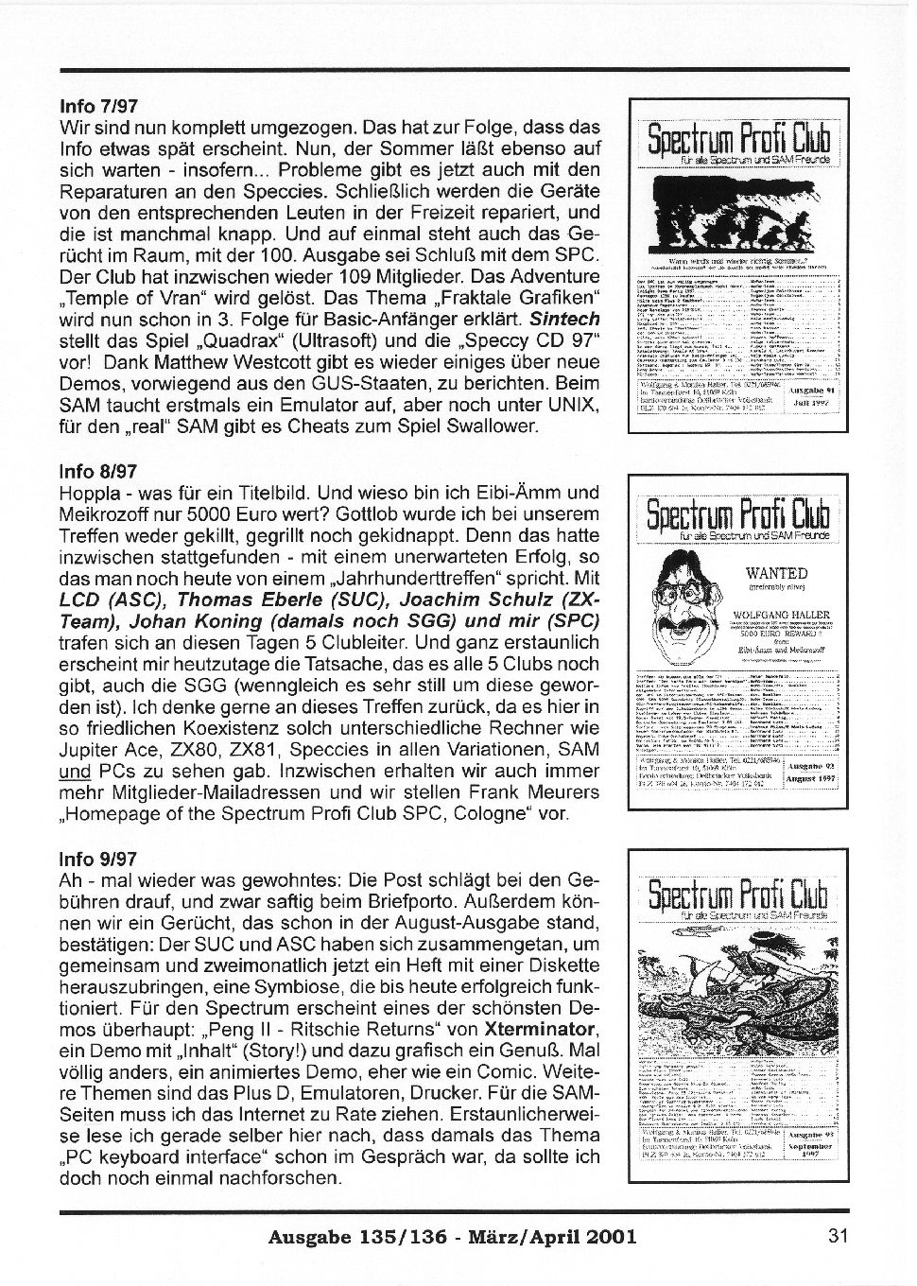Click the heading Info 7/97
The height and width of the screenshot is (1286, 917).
click(x=99, y=105)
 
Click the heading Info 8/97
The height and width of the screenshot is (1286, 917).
click(x=99, y=471)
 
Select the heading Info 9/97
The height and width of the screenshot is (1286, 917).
click(x=99, y=860)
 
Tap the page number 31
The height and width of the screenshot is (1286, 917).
click(x=837, y=1235)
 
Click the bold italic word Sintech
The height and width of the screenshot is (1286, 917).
click(x=564, y=320)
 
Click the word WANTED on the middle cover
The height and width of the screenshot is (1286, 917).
click(x=776, y=573)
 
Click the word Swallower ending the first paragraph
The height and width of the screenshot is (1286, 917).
click(x=493, y=426)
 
